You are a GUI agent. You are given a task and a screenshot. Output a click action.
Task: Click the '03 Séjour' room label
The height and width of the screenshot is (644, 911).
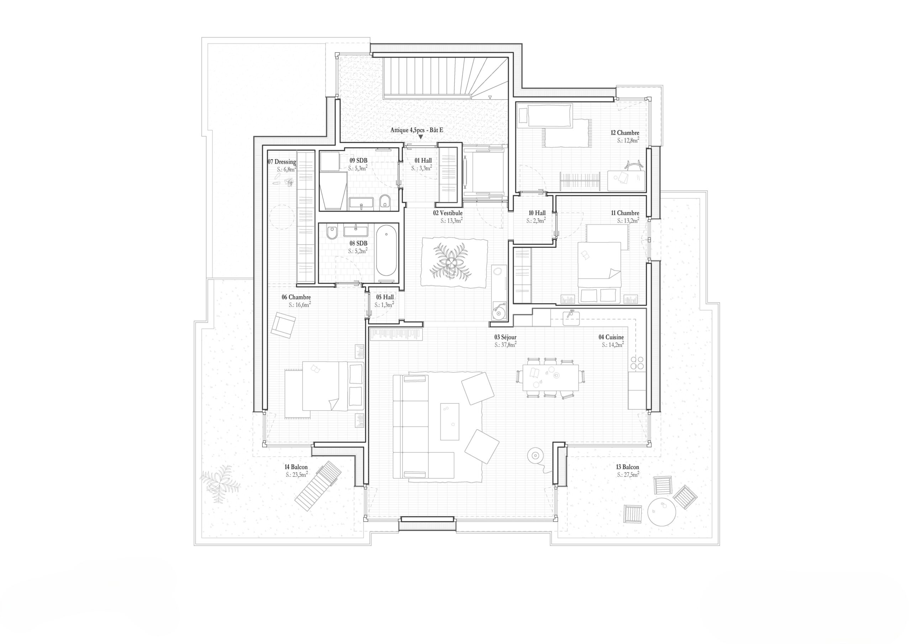pos(505,337)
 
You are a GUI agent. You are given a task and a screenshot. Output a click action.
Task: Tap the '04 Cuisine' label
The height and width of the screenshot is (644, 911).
pos(611,337)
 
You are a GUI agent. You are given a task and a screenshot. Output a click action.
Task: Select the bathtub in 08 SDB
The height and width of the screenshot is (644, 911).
pos(386,251)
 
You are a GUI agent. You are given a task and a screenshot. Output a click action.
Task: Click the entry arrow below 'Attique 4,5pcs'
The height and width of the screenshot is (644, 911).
pos(420,137)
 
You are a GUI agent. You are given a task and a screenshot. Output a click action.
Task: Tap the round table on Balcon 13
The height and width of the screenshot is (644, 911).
pos(661,512)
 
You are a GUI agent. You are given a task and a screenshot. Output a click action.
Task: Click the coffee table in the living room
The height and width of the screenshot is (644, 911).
pos(450,422)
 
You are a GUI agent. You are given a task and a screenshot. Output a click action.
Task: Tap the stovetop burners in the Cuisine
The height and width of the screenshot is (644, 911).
pos(637,362)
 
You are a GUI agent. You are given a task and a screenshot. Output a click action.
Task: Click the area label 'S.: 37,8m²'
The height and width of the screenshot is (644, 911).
pos(505,345)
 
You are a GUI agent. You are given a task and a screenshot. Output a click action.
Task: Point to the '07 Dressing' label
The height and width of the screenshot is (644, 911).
pos(282,162)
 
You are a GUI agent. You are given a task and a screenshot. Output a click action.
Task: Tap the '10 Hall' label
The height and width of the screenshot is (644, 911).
pos(537,213)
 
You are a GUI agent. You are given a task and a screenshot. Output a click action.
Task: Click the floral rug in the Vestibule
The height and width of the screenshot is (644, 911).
pos(454,262)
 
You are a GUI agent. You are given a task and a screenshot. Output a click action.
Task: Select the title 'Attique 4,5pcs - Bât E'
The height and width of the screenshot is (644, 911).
pos(417,130)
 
